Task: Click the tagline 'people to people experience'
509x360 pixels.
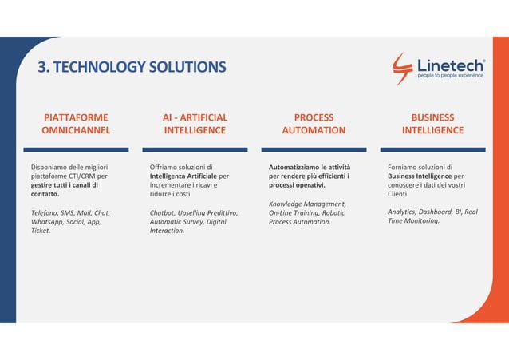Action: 451,76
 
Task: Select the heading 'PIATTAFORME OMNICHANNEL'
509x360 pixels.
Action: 76,124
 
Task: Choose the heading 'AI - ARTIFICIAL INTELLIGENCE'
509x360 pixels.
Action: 195,124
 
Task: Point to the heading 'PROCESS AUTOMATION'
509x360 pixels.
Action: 314,124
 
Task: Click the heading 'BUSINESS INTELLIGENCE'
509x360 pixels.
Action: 432,124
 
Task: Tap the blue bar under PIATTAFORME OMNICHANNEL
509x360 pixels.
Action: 76,149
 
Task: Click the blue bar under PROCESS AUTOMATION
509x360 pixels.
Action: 314,149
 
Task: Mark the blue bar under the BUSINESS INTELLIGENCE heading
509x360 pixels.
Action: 432,149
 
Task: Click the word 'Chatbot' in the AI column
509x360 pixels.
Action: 164,212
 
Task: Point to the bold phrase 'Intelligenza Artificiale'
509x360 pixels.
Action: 183,176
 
